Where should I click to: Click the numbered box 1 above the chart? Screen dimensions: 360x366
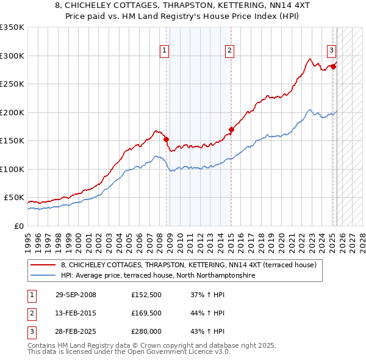165,51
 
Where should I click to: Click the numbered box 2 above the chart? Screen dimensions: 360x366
229,51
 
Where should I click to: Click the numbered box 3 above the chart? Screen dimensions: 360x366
331,51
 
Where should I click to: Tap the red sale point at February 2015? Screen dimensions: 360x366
231,129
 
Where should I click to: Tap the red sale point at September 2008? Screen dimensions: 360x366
166,139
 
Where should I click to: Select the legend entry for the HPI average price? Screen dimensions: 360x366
157,276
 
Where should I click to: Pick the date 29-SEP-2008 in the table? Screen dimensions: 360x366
76,295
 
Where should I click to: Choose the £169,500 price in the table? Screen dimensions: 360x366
146,313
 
